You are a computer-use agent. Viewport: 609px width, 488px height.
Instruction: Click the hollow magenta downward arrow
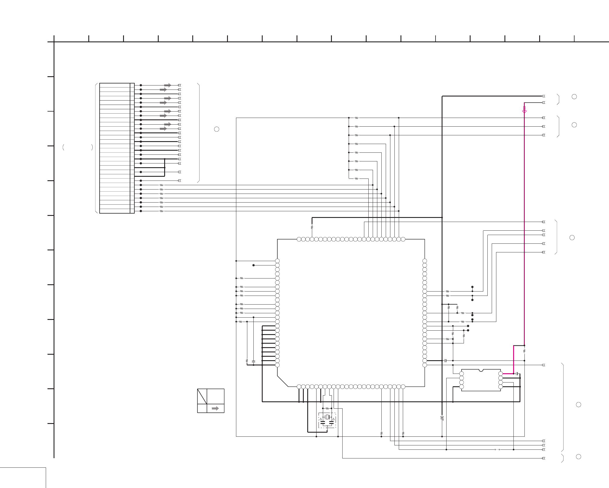click(x=524, y=110)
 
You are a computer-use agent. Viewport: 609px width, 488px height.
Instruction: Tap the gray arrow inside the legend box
click(x=215, y=408)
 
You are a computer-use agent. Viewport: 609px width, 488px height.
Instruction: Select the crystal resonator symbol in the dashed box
click(x=327, y=417)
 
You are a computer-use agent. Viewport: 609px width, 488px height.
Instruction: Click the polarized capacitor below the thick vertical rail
click(x=442, y=418)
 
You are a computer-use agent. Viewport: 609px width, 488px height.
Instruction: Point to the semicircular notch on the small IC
click(x=481, y=370)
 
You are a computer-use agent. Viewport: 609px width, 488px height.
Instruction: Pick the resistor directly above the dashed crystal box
click(x=327, y=408)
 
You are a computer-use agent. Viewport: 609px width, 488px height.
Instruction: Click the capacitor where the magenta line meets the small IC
click(x=517, y=374)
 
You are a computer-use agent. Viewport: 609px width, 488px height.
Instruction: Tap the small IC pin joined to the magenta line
click(x=500, y=374)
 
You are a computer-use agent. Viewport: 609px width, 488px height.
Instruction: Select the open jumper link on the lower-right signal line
click(x=497, y=449)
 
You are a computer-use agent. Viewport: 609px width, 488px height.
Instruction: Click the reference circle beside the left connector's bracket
click(x=216, y=129)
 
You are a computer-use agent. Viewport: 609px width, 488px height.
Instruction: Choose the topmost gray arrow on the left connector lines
click(x=167, y=85)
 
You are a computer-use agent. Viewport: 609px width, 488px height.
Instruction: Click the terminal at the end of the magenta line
click(x=544, y=103)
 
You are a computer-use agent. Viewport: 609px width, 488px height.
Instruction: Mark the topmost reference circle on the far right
click(x=574, y=97)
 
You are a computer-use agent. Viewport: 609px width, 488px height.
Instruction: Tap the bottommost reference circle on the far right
click(x=578, y=457)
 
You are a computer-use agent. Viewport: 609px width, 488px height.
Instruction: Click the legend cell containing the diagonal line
click(x=202, y=396)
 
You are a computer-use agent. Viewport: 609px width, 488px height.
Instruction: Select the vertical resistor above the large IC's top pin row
click(x=312, y=227)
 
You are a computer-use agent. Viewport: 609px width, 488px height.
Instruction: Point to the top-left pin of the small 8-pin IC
click(x=462, y=374)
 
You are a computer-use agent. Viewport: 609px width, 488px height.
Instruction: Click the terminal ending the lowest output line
click(x=544, y=458)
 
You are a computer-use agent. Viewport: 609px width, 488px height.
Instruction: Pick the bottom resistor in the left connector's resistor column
click(x=161, y=211)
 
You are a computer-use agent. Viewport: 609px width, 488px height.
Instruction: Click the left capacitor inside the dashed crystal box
click(x=323, y=423)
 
